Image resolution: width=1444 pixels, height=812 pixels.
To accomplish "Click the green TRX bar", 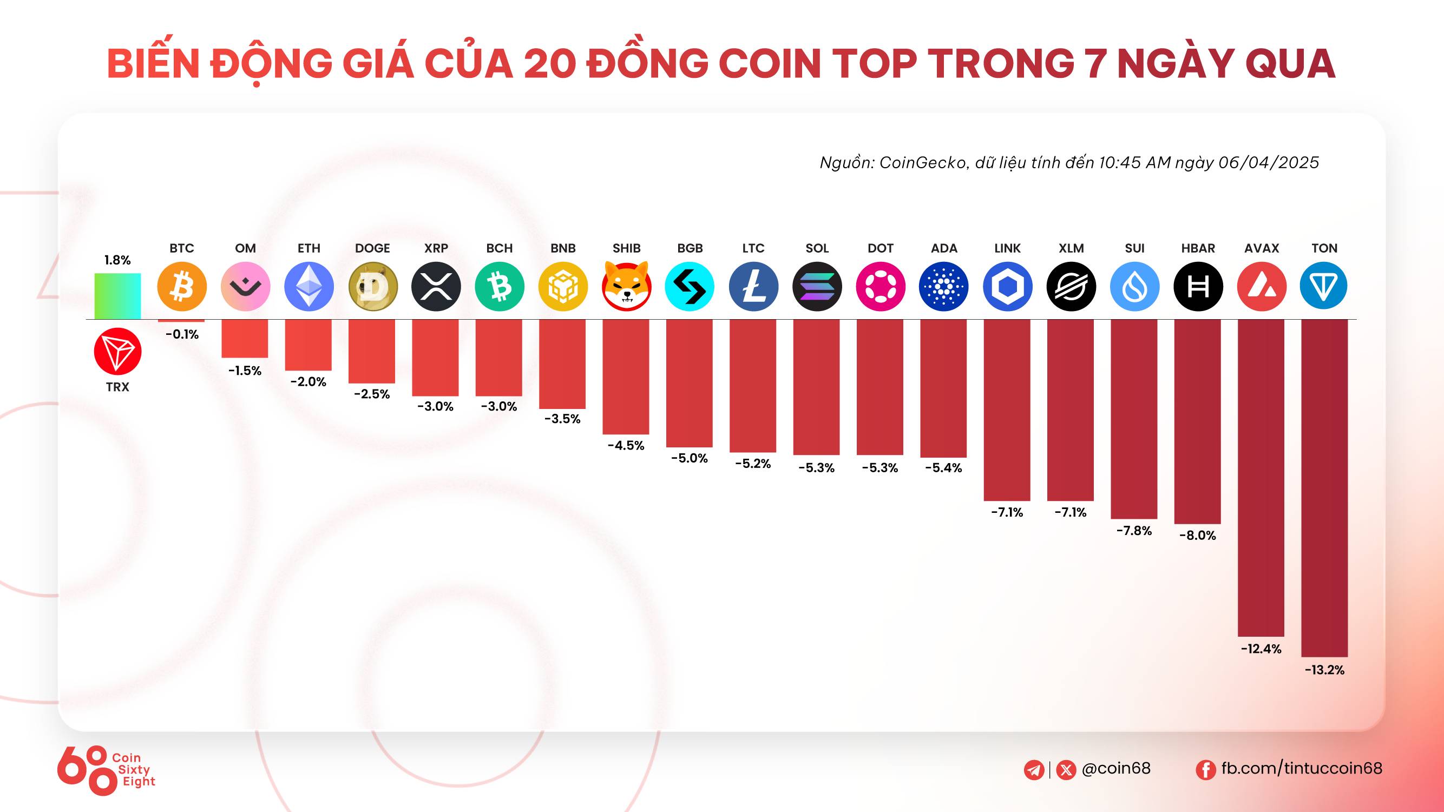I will [117, 296].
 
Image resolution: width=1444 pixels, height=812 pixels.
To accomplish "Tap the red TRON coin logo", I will [117, 352].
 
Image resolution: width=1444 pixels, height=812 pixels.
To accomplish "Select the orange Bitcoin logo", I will [182, 286].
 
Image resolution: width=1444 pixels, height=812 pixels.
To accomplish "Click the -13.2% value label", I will [1324, 670].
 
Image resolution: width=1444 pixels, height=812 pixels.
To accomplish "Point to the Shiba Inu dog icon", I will [626, 286].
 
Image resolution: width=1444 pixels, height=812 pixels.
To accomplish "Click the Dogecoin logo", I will [373, 286].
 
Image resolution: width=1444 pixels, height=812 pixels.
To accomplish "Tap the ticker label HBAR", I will [1198, 248].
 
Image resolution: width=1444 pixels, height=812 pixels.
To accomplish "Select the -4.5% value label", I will [626, 446].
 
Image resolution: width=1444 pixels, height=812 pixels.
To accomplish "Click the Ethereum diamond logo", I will [309, 286].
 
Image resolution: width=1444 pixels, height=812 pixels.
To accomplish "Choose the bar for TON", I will [1324, 487].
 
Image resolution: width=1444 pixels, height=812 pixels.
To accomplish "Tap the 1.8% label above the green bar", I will [117, 260].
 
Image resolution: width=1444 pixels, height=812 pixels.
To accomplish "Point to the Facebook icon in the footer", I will [1205, 769].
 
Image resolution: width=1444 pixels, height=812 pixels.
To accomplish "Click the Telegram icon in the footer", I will [1034, 769].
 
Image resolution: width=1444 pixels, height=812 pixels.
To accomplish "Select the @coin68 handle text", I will [1115, 768].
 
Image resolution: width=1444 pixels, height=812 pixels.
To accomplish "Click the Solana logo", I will [817, 286].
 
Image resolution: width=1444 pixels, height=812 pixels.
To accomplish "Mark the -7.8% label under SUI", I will [1134, 531].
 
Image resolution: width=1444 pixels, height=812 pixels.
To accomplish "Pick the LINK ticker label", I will [1007, 248].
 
